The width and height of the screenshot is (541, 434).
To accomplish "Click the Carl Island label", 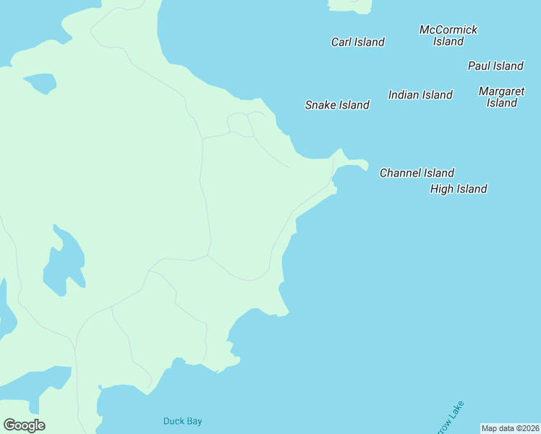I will (357, 42).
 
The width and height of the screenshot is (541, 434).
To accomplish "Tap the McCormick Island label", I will (448, 35).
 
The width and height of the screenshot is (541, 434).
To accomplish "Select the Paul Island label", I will (495, 66).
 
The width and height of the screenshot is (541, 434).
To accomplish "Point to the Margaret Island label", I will (501, 97).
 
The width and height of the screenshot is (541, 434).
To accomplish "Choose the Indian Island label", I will (420, 95).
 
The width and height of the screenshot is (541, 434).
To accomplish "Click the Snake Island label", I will (337, 105).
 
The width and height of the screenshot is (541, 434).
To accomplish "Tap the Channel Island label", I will (417, 173).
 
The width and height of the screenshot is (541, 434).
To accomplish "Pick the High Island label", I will (459, 189).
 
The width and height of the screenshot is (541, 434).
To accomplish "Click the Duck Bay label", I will (182, 421).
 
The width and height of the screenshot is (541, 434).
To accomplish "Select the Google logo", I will (24, 425).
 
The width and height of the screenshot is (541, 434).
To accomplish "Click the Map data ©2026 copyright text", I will (510, 428).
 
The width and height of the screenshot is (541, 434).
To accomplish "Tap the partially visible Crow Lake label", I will (450, 418).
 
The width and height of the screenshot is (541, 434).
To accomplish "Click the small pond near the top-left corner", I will (40, 82).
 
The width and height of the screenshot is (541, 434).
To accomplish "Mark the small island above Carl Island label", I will (351, 6).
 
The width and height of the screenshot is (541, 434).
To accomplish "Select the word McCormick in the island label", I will (448, 30).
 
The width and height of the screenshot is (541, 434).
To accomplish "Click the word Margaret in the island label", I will (501, 91).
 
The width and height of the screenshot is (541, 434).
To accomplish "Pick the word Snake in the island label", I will (320, 105).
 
